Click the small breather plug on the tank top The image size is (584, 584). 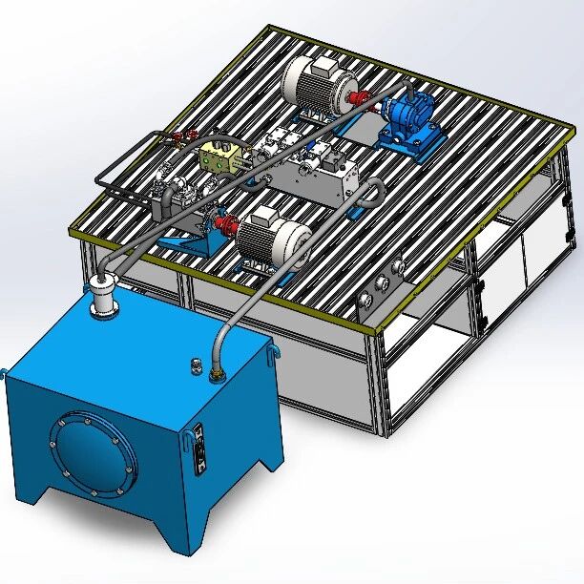197,365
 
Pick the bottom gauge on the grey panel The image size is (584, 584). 365,304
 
